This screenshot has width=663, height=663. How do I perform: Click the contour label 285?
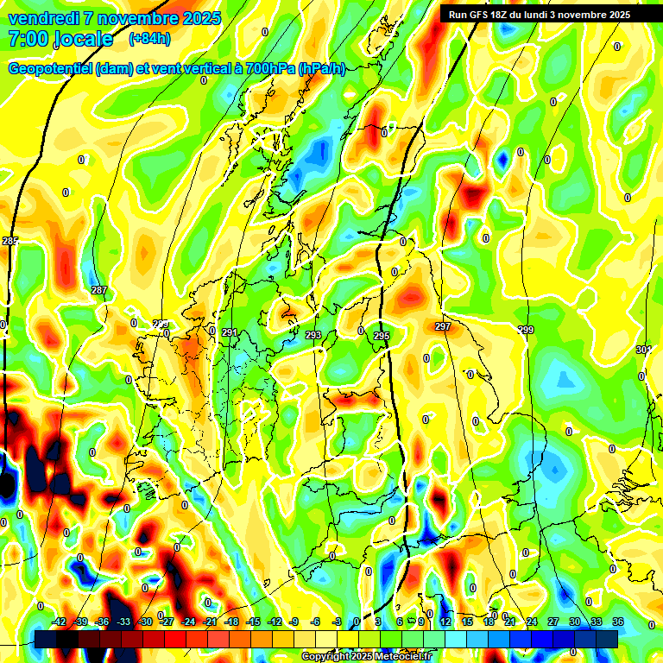click(x=9, y=240)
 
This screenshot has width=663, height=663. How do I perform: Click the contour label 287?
click(x=99, y=290)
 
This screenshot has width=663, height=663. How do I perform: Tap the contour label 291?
click(x=229, y=332)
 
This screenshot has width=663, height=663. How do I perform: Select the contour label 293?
click(x=313, y=334)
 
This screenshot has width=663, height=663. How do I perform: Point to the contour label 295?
click(x=382, y=335)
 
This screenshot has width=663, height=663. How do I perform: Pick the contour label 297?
click(x=442, y=326)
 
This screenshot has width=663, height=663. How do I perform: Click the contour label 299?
click(x=526, y=330)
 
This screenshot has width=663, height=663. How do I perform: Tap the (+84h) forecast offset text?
click(x=149, y=38)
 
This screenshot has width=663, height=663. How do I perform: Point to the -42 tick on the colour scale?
click(x=59, y=622)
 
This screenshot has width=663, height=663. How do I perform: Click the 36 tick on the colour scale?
click(x=617, y=622)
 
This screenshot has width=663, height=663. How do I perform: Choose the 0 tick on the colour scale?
click(x=356, y=622)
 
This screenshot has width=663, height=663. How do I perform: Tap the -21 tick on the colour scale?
click(x=210, y=622)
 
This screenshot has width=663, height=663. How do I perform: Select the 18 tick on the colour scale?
click(x=488, y=622)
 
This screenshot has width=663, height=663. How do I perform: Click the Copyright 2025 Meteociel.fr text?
click(x=367, y=656)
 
